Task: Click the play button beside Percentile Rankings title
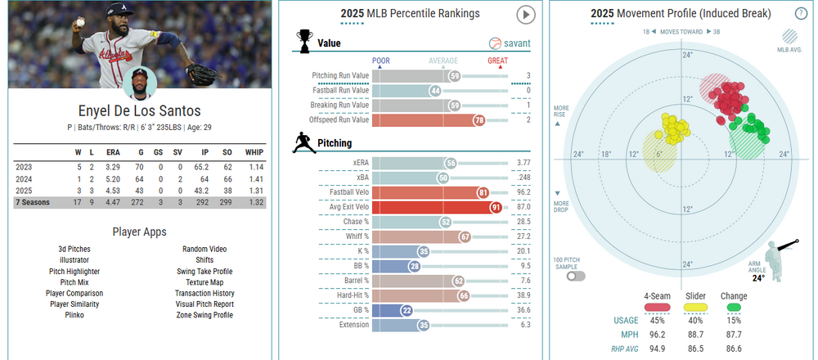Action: [526, 15]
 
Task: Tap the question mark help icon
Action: [801, 13]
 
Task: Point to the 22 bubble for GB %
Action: [407, 310]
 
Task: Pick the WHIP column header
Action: [256, 151]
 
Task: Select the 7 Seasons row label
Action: [34, 201]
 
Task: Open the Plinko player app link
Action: [74, 315]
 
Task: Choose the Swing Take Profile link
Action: [204, 271]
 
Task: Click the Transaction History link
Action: [204, 293]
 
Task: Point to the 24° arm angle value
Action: [759, 278]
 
